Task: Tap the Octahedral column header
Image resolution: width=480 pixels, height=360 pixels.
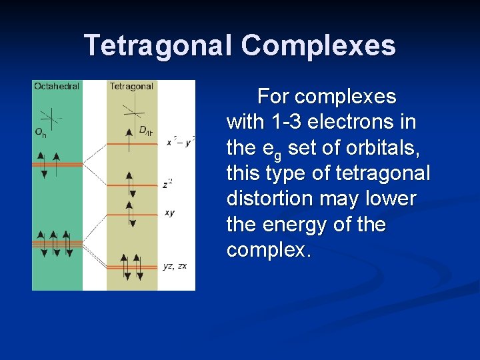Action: (57, 86)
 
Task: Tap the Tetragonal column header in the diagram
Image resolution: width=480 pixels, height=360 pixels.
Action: (131, 86)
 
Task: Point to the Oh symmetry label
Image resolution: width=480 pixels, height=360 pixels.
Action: (41, 132)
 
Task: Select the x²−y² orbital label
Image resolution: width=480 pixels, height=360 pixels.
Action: (180, 142)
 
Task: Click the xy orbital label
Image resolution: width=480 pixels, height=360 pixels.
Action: (170, 213)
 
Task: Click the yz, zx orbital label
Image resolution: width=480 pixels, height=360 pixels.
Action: (175, 266)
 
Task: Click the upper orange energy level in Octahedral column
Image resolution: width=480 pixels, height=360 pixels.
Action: (57, 164)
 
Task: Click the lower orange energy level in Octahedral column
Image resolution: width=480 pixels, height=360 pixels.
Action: (57, 244)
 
